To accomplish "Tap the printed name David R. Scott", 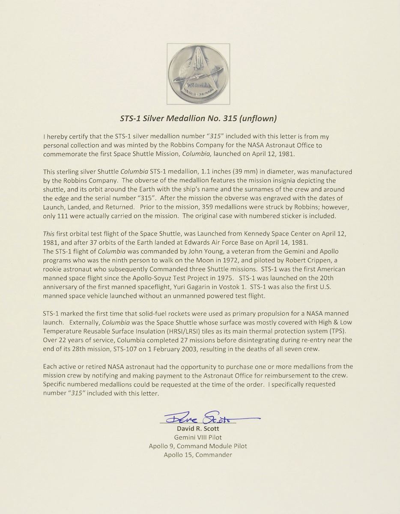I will pyautogui.click(x=197, y=429).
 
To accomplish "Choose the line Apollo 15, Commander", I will pyautogui.click(x=197, y=454).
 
